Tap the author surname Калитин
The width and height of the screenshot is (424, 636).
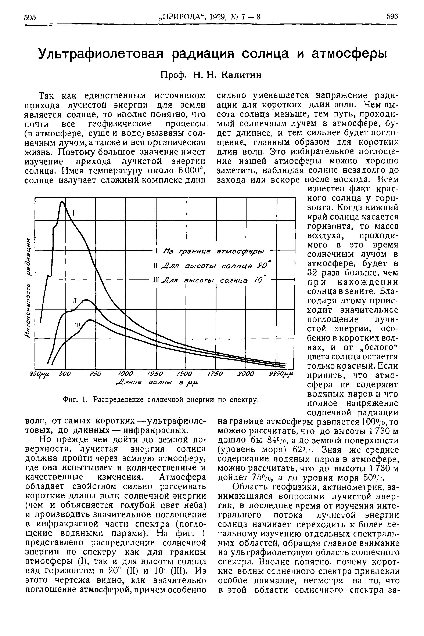[241, 75]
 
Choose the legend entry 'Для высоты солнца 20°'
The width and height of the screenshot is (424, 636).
[214, 265]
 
